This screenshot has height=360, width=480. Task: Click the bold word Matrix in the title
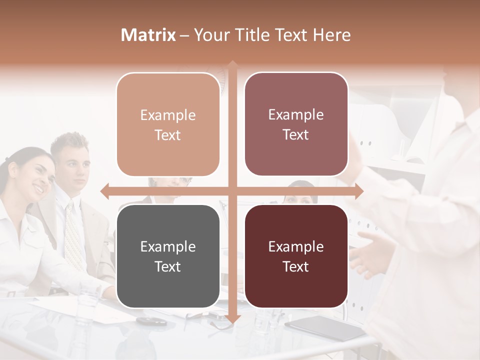point(148,35)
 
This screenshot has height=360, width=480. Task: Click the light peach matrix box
point(168,124)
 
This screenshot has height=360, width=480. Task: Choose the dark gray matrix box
point(168,256)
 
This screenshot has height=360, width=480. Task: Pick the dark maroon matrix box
point(296,256)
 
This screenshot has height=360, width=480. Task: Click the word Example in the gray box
point(168,246)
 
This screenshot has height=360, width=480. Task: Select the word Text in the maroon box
point(296,266)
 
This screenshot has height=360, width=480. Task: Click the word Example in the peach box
point(168,115)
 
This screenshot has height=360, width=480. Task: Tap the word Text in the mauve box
point(296,134)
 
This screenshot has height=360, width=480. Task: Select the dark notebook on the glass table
point(325,327)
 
